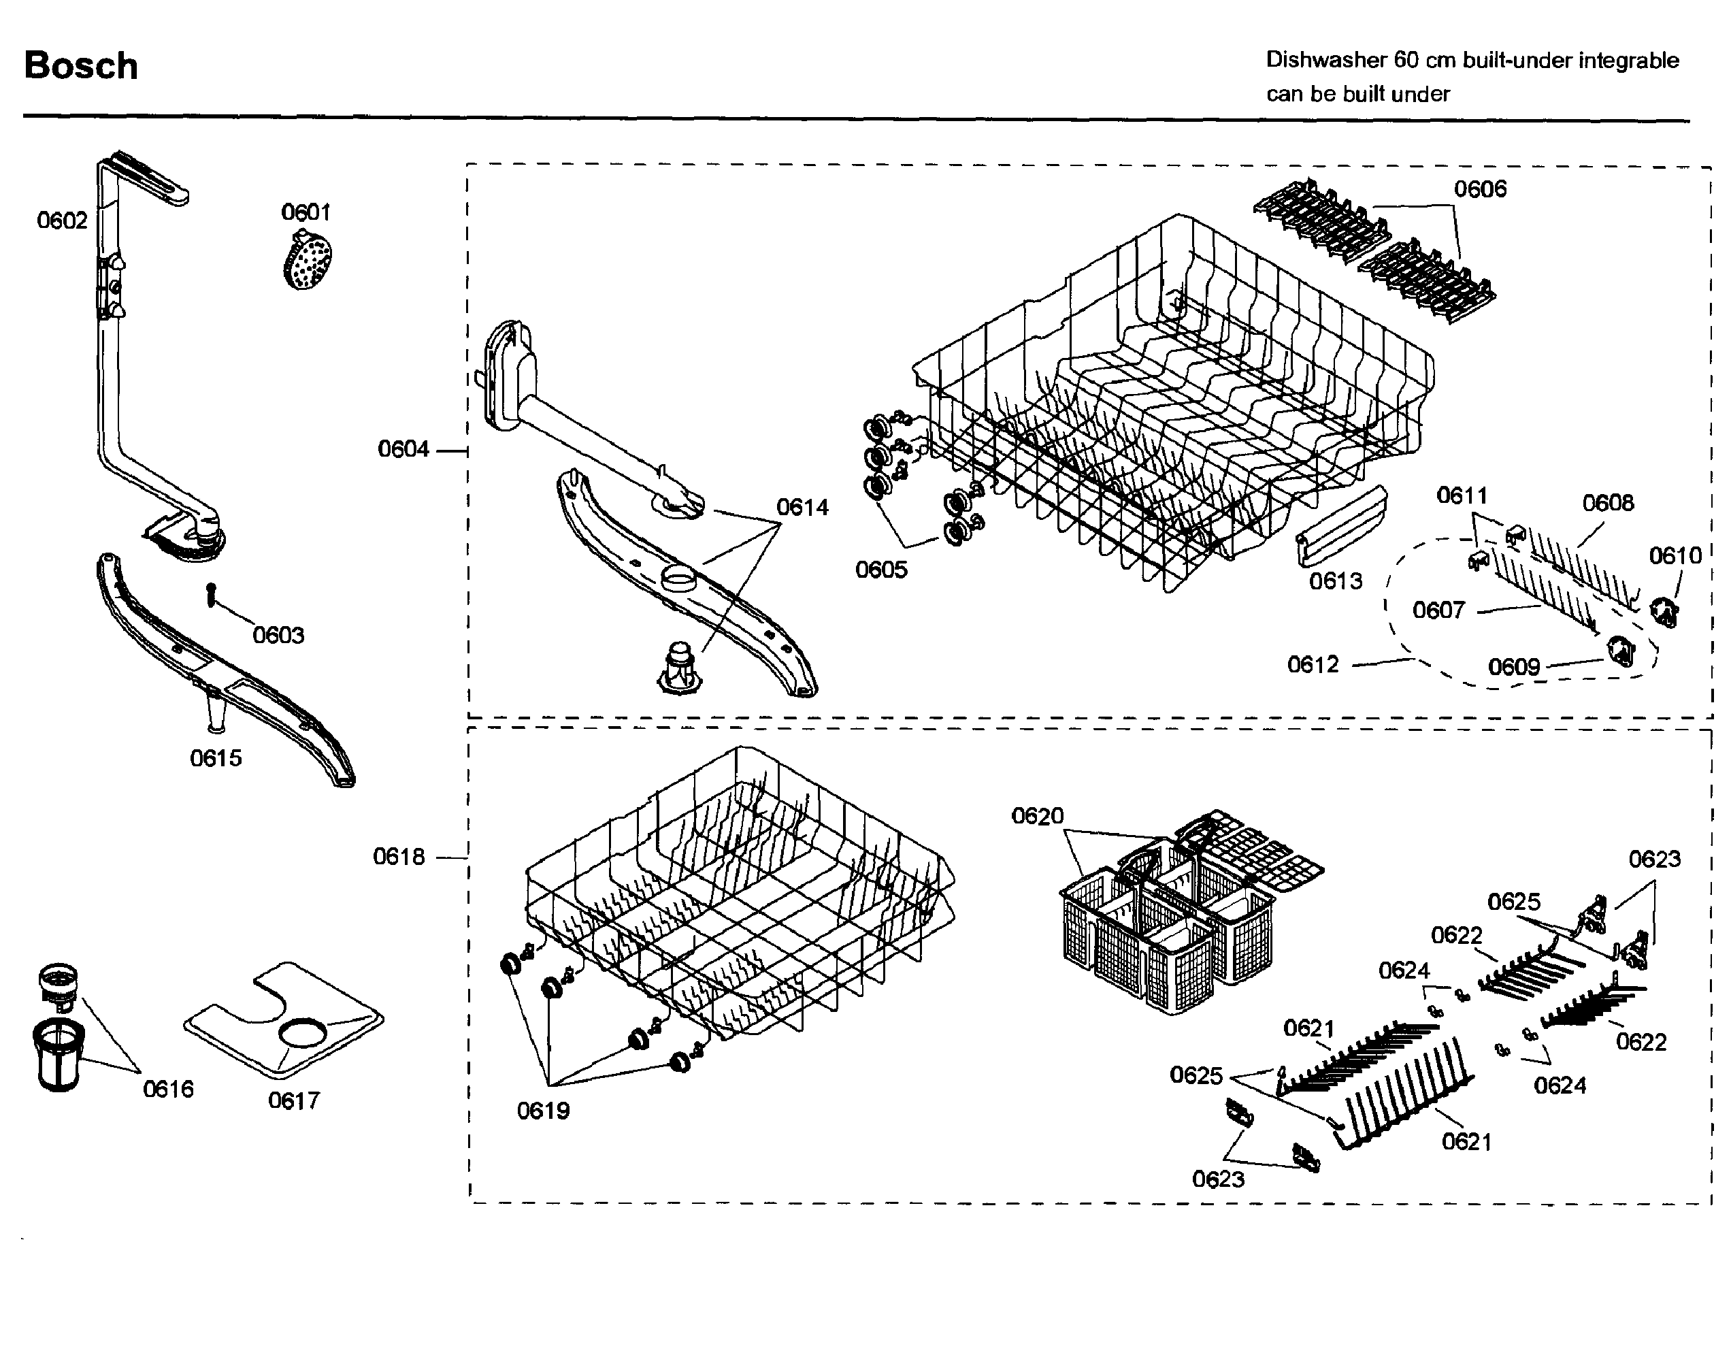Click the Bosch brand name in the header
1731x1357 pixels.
[x=81, y=65]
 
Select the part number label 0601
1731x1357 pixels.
[x=306, y=212]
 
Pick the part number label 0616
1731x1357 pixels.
[x=167, y=1088]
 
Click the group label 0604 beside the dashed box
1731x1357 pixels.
[x=403, y=449]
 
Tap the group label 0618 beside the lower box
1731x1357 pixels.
[x=399, y=857]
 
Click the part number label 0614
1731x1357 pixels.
[x=802, y=507]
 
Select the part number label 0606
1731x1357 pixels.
[x=1480, y=189]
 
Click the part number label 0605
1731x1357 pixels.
[x=881, y=569]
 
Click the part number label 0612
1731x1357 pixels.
[x=1313, y=664]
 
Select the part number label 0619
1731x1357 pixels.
[x=544, y=1110]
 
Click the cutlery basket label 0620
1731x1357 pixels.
[x=1037, y=816]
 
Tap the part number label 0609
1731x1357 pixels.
[x=1514, y=666]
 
